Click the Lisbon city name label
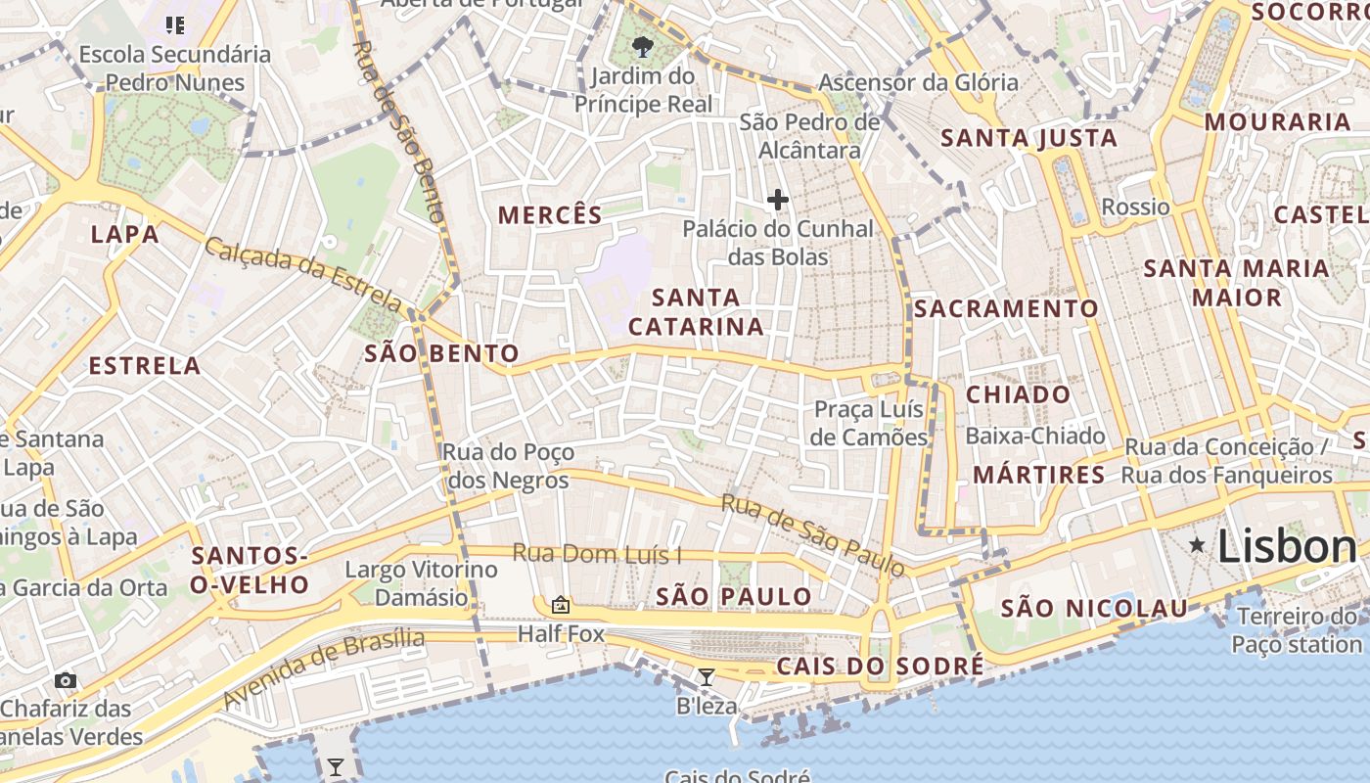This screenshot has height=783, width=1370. [1287, 546]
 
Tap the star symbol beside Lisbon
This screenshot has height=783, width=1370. [1196, 544]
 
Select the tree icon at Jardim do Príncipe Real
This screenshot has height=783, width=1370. [643, 46]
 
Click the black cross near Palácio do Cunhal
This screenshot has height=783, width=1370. [777, 200]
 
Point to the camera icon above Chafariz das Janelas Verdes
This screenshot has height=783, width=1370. [66, 680]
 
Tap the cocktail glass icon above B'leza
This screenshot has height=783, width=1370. [706, 676]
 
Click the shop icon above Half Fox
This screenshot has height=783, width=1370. [561, 605]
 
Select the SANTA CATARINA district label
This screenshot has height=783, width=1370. [696, 311]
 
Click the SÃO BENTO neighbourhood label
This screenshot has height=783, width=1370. [441, 353]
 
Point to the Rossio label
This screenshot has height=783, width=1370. [1135, 207]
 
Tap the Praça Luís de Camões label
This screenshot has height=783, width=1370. [869, 423]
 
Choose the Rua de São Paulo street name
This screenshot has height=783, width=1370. [812, 535]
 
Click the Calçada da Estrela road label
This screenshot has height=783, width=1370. [302, 275]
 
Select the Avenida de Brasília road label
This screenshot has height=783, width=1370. [324, 668]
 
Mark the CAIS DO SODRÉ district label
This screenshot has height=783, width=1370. [880, 667]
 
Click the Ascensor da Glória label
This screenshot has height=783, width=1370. [918, 82]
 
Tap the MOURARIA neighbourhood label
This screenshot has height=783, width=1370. [1277, 122]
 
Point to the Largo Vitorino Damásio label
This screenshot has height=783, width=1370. [421, 583]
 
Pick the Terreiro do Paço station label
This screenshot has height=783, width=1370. [1297, 630]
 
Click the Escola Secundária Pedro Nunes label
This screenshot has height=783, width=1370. [174, 68]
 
